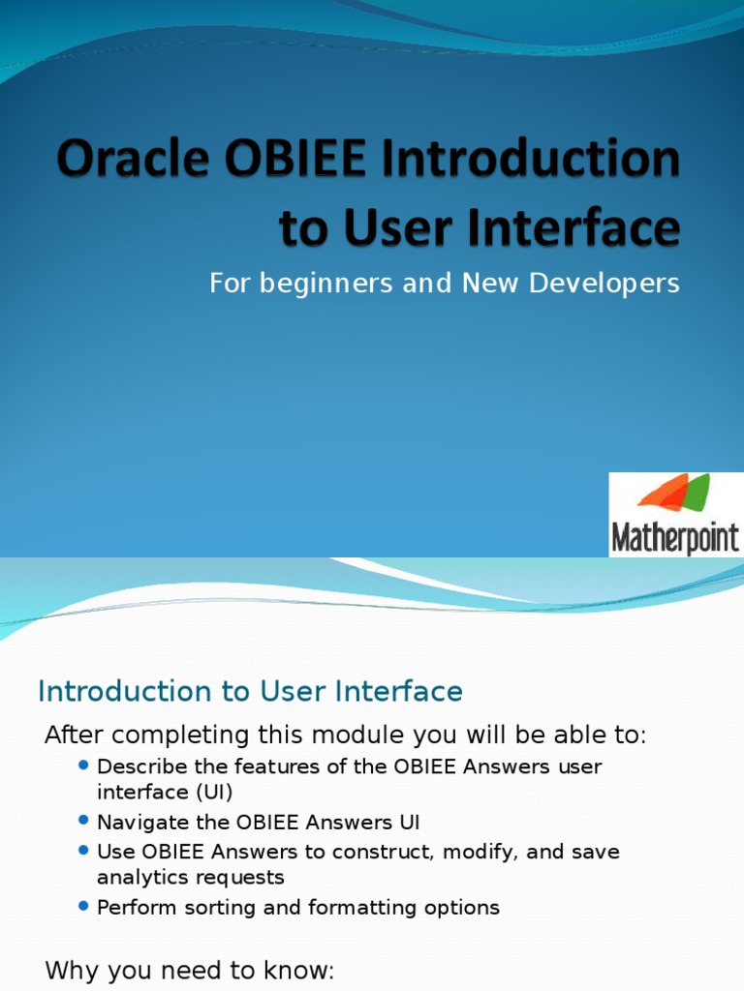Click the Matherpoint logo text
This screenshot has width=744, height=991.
point(674,538)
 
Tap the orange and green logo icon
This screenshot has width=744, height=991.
point(674,493)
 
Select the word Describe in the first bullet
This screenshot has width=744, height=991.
point(141,766)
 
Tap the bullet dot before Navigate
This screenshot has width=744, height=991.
point(83,822)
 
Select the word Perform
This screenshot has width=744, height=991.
point(136,908)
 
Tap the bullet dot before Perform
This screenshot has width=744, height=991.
point(83,907)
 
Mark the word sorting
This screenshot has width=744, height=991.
point(226,909)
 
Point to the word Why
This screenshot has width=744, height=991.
point(69,970)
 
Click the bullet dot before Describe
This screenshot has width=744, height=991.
point(83,766)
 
